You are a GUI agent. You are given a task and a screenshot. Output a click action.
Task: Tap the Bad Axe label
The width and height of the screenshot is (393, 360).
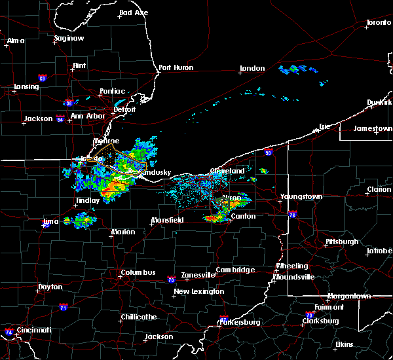[x=133, y=13]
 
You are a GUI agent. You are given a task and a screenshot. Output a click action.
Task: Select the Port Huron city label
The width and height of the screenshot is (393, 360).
[x=175, y=68]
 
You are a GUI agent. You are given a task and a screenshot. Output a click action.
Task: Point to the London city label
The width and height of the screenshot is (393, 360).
[x=252, y=68]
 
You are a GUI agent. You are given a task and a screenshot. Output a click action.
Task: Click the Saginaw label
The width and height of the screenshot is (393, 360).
[x=69, y=38]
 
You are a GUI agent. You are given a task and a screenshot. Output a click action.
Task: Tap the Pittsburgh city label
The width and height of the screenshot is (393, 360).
[x=342, y=242]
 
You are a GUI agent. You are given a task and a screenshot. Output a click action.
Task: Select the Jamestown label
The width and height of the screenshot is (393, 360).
[x=373, y=128]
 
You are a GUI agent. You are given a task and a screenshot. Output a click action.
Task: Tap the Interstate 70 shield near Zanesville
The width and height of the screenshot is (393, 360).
[x=170, y=279]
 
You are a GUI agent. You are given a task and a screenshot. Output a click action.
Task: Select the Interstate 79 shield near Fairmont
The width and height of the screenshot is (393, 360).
[x=310, y=315]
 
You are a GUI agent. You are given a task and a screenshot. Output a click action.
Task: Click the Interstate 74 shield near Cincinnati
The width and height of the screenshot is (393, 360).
[x=7, y=332]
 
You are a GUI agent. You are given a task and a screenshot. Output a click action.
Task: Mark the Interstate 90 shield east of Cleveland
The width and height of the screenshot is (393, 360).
[x=269, y=153]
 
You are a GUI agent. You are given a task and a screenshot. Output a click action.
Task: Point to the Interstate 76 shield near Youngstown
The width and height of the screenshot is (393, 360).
[x=292, y=214]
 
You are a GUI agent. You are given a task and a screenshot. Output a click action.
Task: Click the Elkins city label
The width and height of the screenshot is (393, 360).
[x=344, y=344]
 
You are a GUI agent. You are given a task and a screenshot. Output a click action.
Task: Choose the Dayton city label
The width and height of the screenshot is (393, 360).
[x=50, y=287]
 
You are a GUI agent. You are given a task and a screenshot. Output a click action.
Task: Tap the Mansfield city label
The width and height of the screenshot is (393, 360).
[x=167, y=221]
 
